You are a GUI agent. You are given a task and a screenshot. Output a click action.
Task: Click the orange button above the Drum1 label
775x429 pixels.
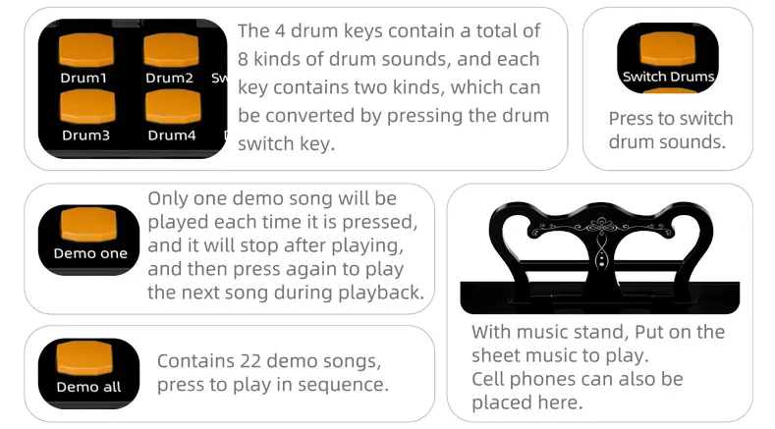pyautogui.click(x=86, y=50)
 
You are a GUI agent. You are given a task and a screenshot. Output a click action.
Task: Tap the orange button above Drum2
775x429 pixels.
pyautogui.click(x=172, y=50)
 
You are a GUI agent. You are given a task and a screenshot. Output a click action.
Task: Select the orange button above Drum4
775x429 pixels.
pyautogui.click(x=173, y=106)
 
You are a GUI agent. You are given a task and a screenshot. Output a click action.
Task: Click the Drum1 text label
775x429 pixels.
pyautogui.click(x=83, y=79)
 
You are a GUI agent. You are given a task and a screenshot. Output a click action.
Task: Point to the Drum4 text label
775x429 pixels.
pyautogui.click(x=172, y=134)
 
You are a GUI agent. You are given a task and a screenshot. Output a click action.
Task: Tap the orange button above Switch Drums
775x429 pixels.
pyautogui.click(x=668, y=48)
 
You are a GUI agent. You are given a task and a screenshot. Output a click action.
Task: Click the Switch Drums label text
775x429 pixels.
pyautogui.click(x=668, y=77)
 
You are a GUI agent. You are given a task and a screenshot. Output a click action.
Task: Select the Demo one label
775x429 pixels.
pyautogui.click(x=90, y=253)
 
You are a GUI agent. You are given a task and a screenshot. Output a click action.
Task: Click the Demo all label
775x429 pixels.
pyautogui.click(x=88, y=387)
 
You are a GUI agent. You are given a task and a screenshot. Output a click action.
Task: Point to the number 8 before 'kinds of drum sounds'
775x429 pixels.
pyautogui.click(x=243, y=59)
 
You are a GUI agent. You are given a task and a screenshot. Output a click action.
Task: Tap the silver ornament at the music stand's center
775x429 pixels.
pyautogui.click(x=601, y=241)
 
